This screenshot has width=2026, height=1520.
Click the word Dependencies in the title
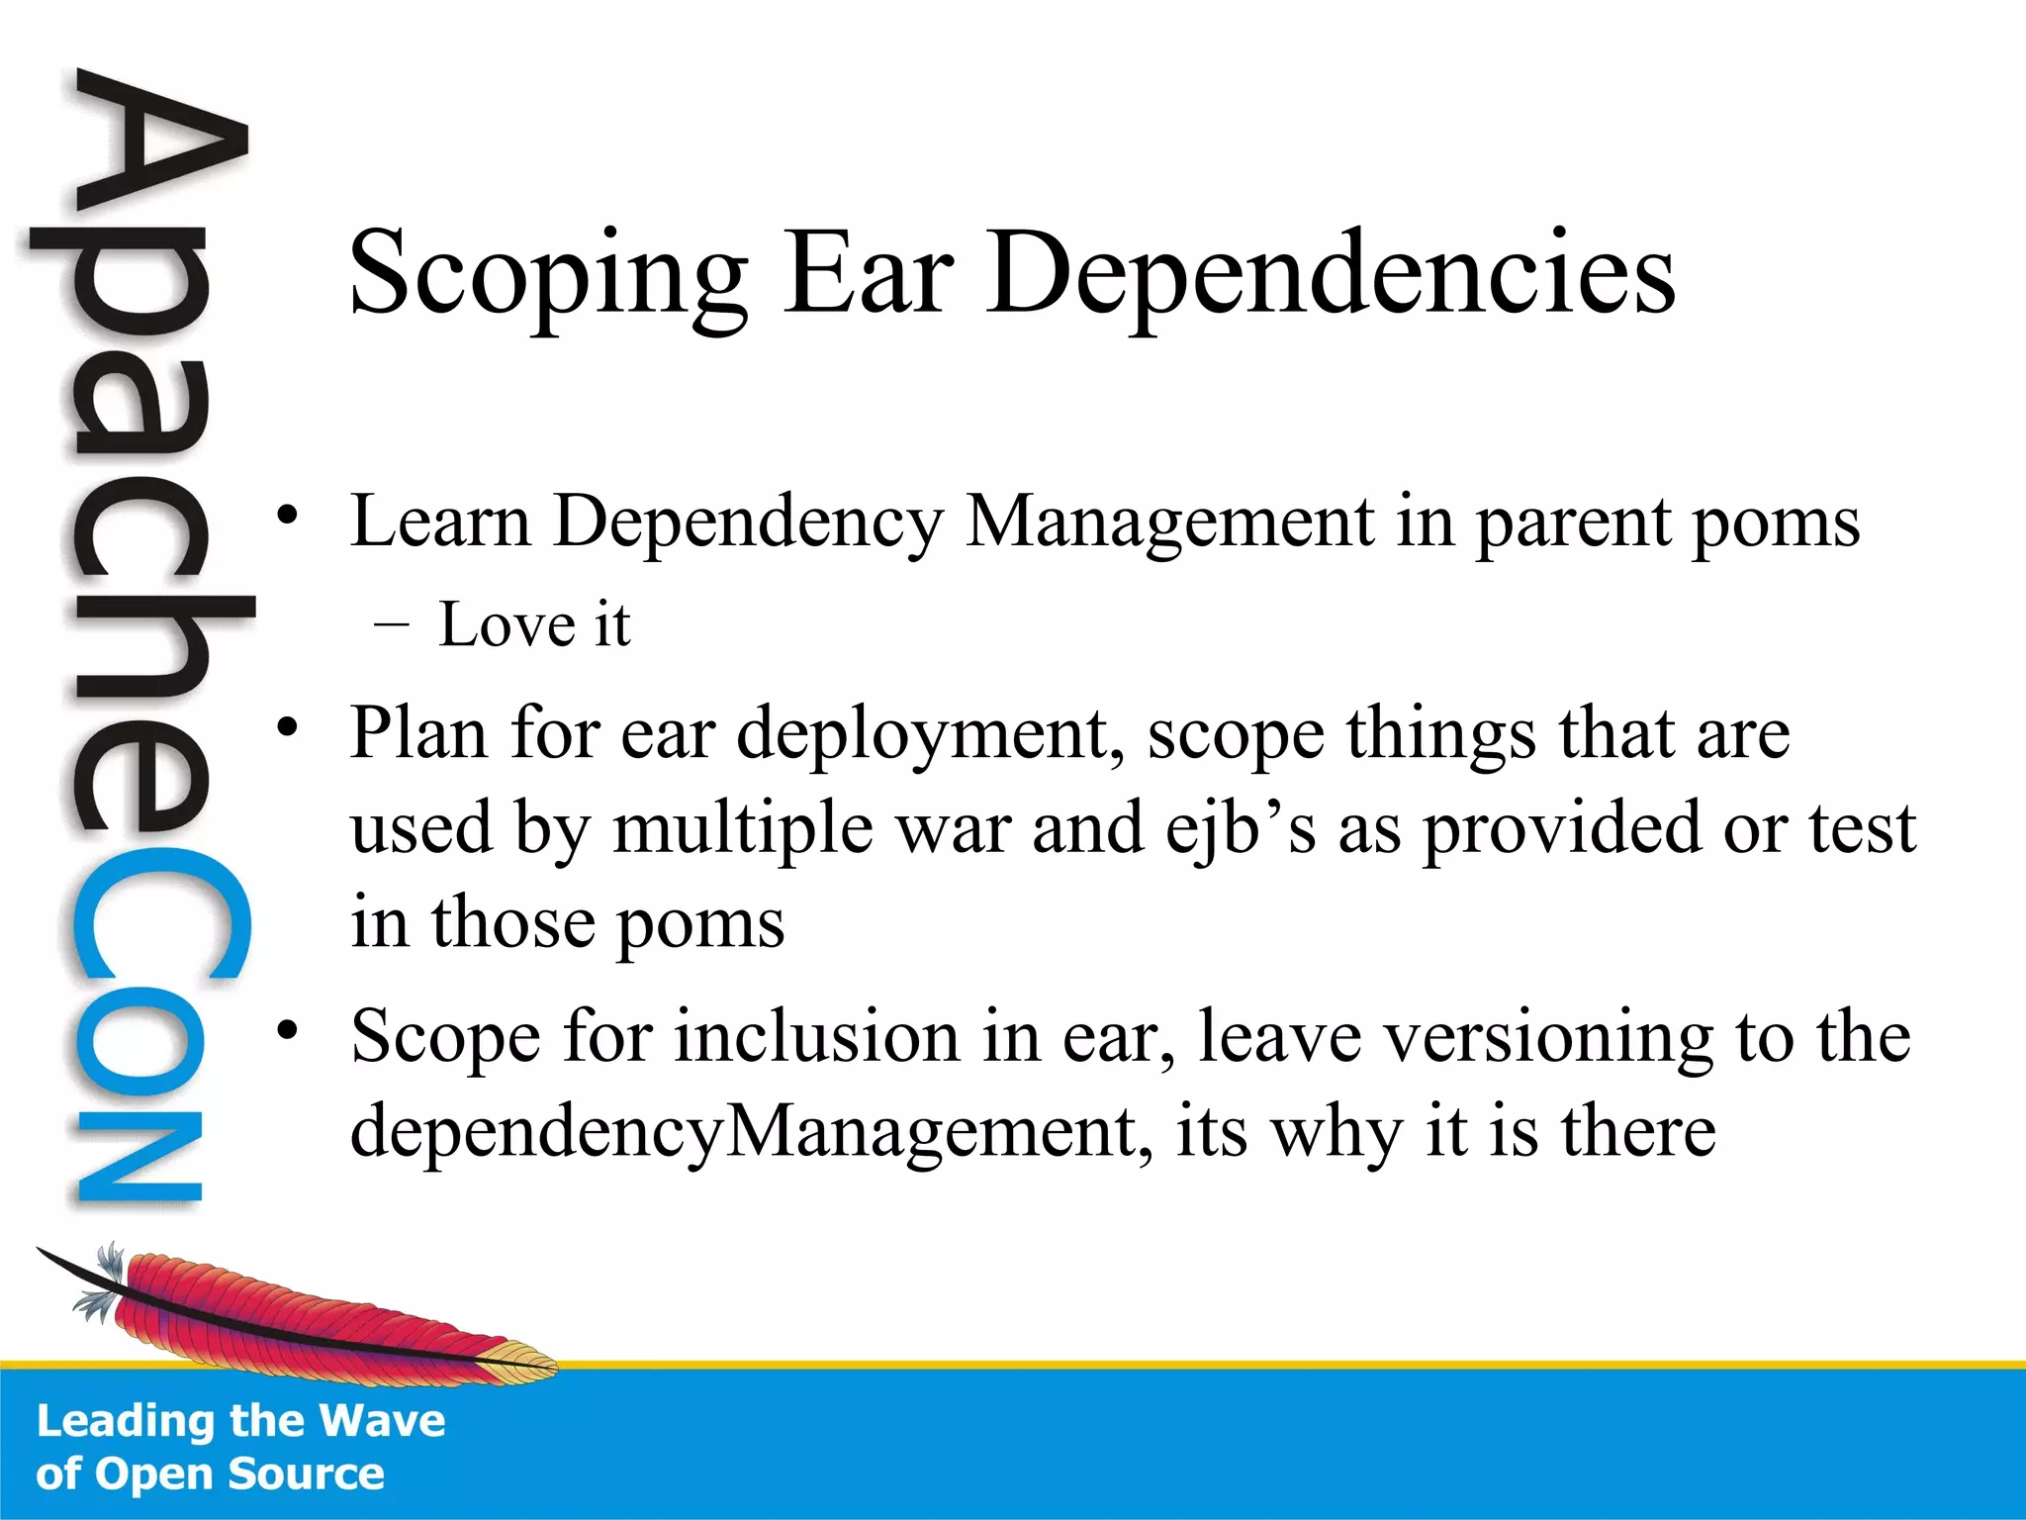[1331, 275]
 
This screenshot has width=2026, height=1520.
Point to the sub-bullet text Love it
[534, 625]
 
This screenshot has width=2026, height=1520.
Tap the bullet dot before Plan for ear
[287, 727]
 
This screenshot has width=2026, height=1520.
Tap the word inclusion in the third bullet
[817, 1037]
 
